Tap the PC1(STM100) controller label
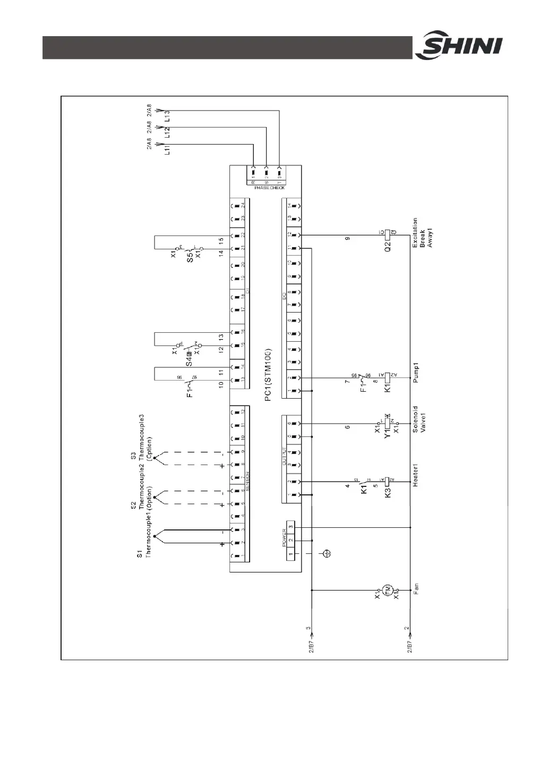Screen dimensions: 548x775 268,375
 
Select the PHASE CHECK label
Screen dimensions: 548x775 266,188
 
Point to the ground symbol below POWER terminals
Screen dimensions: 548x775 328,554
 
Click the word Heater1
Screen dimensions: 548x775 416,475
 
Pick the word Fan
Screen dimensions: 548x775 416,588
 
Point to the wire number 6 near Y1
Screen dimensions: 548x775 347,427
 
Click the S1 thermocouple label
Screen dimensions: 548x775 139,554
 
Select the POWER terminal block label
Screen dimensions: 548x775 284,537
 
